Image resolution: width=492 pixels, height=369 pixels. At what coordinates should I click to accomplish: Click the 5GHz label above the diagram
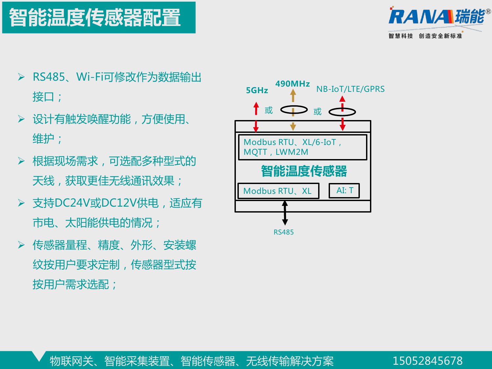tap(257, 90)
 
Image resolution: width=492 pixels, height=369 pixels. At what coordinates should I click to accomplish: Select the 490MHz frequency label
tap(293, 84)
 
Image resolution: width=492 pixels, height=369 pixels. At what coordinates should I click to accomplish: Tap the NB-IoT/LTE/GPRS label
tap(350, 89)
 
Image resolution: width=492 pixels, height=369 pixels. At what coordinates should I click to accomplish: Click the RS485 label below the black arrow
tap(283, 232)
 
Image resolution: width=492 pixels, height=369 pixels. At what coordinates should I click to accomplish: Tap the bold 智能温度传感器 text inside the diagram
tap(304, 171)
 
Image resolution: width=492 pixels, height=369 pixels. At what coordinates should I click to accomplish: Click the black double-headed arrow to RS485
tap(285, 213)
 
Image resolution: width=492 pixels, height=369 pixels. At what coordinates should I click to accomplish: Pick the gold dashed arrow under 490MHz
tap(293, 110)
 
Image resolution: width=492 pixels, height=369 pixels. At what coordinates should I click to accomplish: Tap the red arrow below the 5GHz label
tap(256, 117)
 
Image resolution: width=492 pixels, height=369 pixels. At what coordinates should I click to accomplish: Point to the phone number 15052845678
tap(427, 361)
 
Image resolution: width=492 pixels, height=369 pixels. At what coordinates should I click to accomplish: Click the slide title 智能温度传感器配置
tap(94, 17)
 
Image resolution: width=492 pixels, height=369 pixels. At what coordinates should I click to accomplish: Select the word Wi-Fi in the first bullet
tap(90, 77)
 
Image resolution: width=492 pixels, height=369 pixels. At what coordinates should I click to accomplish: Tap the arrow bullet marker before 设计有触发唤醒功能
tap(21, 119)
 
